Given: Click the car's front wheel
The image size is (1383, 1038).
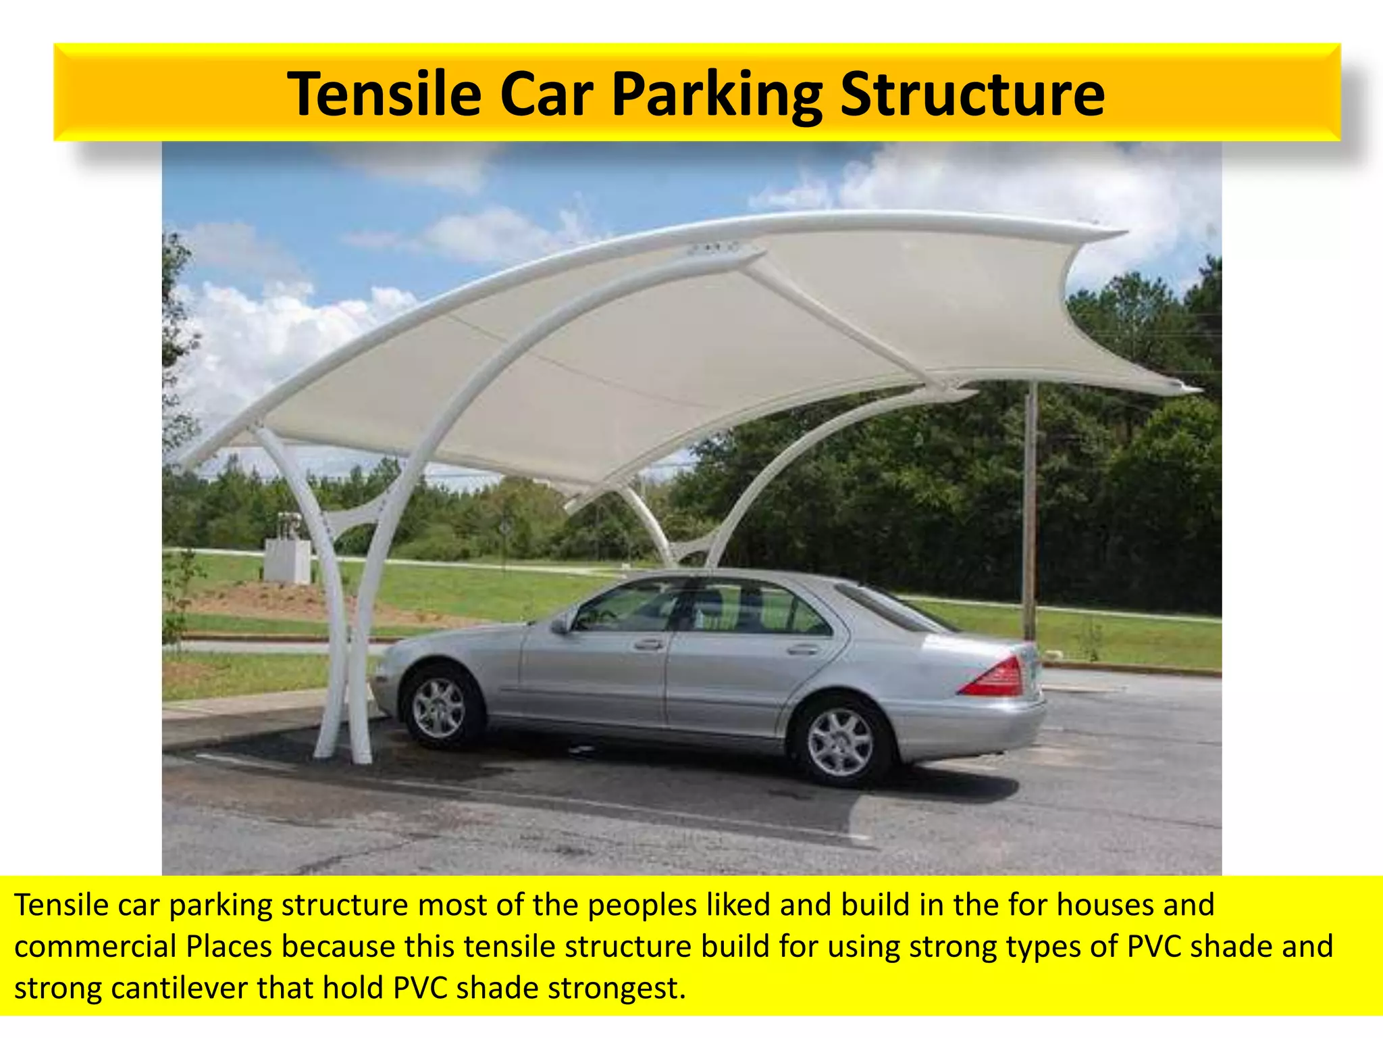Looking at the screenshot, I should tap(440, 708).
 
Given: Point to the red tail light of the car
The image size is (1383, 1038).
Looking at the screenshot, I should tap(993, 677).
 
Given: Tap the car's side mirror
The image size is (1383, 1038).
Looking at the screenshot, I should tap(560, 624).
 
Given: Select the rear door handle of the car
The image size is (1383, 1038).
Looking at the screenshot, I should tap(802, 649).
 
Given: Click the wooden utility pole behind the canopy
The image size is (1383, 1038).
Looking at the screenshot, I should tap(1030, 514).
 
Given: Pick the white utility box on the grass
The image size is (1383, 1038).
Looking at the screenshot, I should tap(287, 560).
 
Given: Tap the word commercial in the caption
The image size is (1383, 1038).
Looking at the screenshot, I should tap(95, 947).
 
